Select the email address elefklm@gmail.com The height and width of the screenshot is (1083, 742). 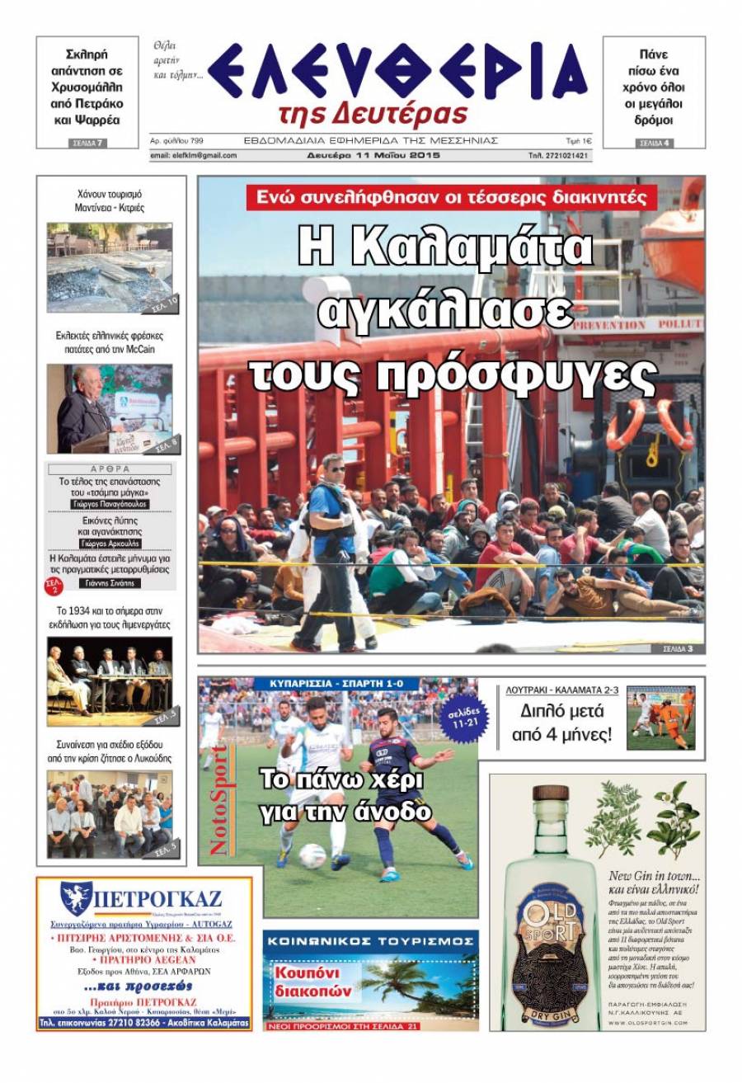(194, 155)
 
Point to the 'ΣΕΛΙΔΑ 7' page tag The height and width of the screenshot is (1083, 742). (87, 144)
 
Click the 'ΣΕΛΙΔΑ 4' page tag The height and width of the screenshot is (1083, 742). (655, 144)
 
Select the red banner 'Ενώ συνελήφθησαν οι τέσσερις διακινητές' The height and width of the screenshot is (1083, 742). (451, 197)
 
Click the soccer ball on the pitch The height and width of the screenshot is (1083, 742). (312, 855)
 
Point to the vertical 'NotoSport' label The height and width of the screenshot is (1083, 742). (218, 798)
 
